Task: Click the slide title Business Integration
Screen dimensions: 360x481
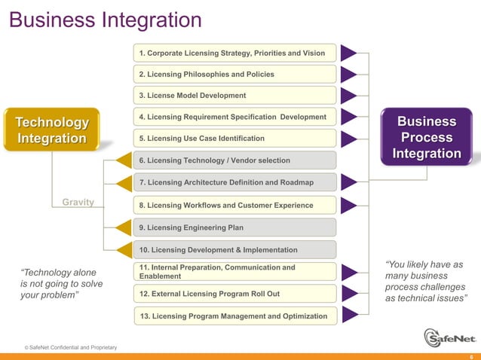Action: [x=105, y=19]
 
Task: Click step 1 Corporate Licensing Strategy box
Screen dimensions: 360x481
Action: [x=234, y=53]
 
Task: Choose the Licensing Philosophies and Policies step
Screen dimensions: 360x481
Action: [x=234, y=75]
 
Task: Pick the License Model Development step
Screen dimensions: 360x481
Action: [x=234, y=96]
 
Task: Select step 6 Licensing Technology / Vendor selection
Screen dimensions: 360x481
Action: [x=234, y=160]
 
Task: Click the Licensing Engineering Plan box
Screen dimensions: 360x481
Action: [x=234, y=227]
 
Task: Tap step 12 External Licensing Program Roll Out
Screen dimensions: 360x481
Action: [x=234, y=293]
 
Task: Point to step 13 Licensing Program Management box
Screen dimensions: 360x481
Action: [x=234, y=316]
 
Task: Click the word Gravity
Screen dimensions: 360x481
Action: [x=78, y=203]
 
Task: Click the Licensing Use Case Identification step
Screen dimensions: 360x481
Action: [x=234, y=139]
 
